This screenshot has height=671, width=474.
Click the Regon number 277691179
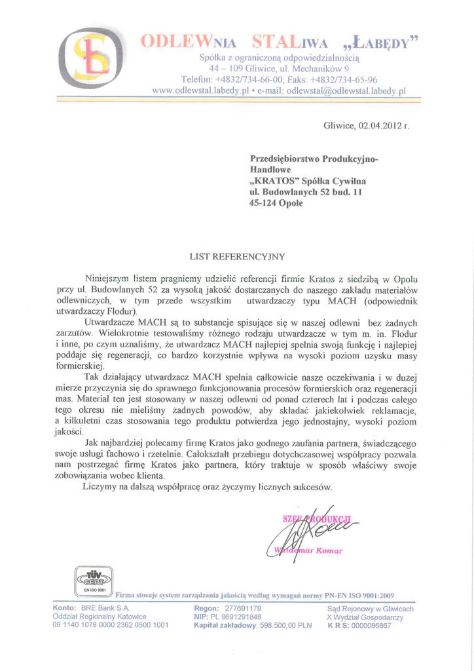(242, 609)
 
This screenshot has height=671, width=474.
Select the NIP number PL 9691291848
(236, 617)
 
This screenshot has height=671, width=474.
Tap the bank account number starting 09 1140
(110, 625)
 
